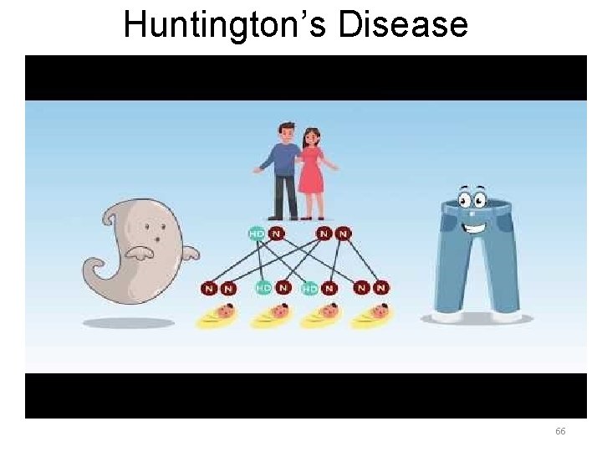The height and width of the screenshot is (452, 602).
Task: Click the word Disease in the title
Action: (404, 24)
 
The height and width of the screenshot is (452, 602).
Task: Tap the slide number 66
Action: (560, 431)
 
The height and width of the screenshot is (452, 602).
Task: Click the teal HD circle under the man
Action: (257, 233)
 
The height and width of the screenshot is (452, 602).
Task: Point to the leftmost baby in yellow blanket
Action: (216, 315)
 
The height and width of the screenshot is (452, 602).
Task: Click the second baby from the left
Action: (270, 315)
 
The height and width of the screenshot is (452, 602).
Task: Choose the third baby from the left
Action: (320, 315)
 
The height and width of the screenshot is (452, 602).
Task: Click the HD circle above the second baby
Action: (263, 288)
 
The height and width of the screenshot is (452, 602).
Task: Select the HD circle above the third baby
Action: (309, 289)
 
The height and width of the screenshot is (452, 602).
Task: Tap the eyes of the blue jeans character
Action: (473, 199)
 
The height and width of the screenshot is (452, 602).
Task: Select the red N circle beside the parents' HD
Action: (276, 233)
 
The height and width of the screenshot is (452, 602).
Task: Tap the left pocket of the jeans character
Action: (451, 221)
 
